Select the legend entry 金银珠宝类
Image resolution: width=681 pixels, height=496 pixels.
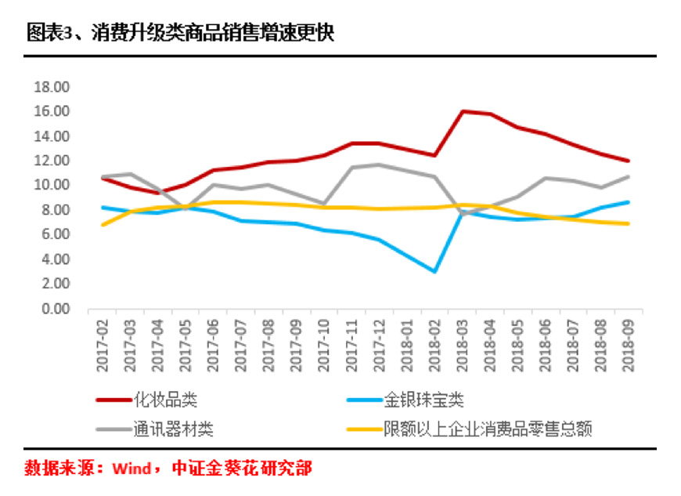(424, 400)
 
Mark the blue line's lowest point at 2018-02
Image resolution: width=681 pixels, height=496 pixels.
(434, 272)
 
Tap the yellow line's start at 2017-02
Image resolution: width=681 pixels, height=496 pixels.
(103, 225)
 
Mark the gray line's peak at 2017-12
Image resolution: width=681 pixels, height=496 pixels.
(378, 165)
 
